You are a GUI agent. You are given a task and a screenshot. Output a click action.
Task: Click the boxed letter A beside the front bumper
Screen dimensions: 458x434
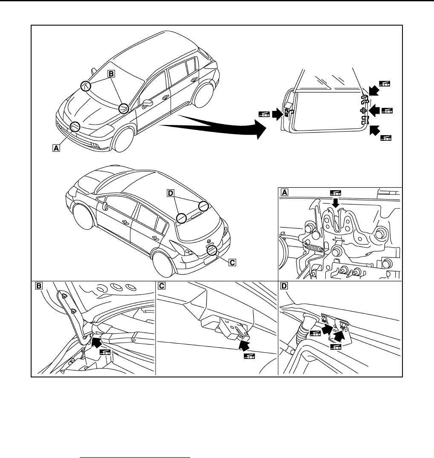coord(55,148)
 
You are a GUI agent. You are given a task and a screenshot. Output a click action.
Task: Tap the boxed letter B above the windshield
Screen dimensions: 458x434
coord(110,74)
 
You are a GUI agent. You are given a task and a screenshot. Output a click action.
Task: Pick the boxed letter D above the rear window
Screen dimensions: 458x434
coord(171,194)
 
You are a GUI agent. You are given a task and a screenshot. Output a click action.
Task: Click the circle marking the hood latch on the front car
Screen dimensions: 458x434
coord(75,126)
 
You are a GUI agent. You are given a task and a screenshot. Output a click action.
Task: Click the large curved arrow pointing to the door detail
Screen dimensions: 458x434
coord(213,127)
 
